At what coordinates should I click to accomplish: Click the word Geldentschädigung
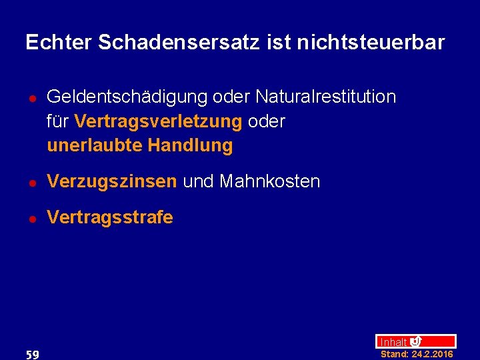(127, 97)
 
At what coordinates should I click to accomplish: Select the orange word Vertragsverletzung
(159, 121)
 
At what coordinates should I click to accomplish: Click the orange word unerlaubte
(95, 145)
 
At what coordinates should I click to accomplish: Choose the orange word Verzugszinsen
(112, 181)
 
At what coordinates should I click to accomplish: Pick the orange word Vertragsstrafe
(110, 217)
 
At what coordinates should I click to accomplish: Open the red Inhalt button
(415, 341)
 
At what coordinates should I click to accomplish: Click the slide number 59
(31, 354)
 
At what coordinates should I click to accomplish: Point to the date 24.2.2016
(432, 354)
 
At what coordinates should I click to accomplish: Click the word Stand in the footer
(394, 354)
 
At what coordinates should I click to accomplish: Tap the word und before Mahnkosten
(198, 181)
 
